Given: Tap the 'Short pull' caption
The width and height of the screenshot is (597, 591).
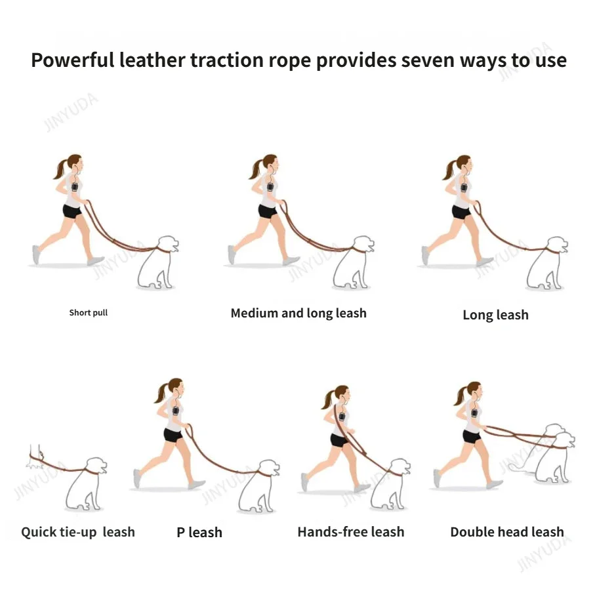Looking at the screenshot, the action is point(89,313).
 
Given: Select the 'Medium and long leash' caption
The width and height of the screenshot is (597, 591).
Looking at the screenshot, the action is point(298,313).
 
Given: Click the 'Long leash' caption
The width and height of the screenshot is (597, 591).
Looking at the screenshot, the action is point(495,315).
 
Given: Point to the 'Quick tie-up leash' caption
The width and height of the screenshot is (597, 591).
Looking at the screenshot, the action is point(78,532).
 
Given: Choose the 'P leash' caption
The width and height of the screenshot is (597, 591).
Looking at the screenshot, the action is point(199,533).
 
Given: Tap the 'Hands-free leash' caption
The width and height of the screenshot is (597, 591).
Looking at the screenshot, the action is point(351,531).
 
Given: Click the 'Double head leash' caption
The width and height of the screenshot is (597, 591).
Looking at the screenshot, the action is point(506,531).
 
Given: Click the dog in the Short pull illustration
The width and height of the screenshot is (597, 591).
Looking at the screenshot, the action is point(158,263).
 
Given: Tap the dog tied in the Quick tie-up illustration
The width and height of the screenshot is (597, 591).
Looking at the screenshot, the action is point(87,483).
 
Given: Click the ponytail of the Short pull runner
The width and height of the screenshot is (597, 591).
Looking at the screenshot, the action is point(61,169).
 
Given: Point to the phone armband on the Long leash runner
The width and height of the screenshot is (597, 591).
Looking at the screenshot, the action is point(464,188).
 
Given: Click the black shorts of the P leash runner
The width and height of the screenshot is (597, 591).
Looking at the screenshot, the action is point(173,435).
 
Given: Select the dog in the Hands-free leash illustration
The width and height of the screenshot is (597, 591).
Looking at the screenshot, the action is point(390,484).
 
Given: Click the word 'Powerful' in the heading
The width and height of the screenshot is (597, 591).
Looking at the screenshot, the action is point(73,60).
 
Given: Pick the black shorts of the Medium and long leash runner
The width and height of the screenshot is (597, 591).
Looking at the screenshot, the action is point(268,211).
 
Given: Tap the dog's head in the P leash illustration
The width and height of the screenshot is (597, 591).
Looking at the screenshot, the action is point(270,468).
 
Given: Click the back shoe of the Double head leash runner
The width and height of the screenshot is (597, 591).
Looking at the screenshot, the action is point(438,478).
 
